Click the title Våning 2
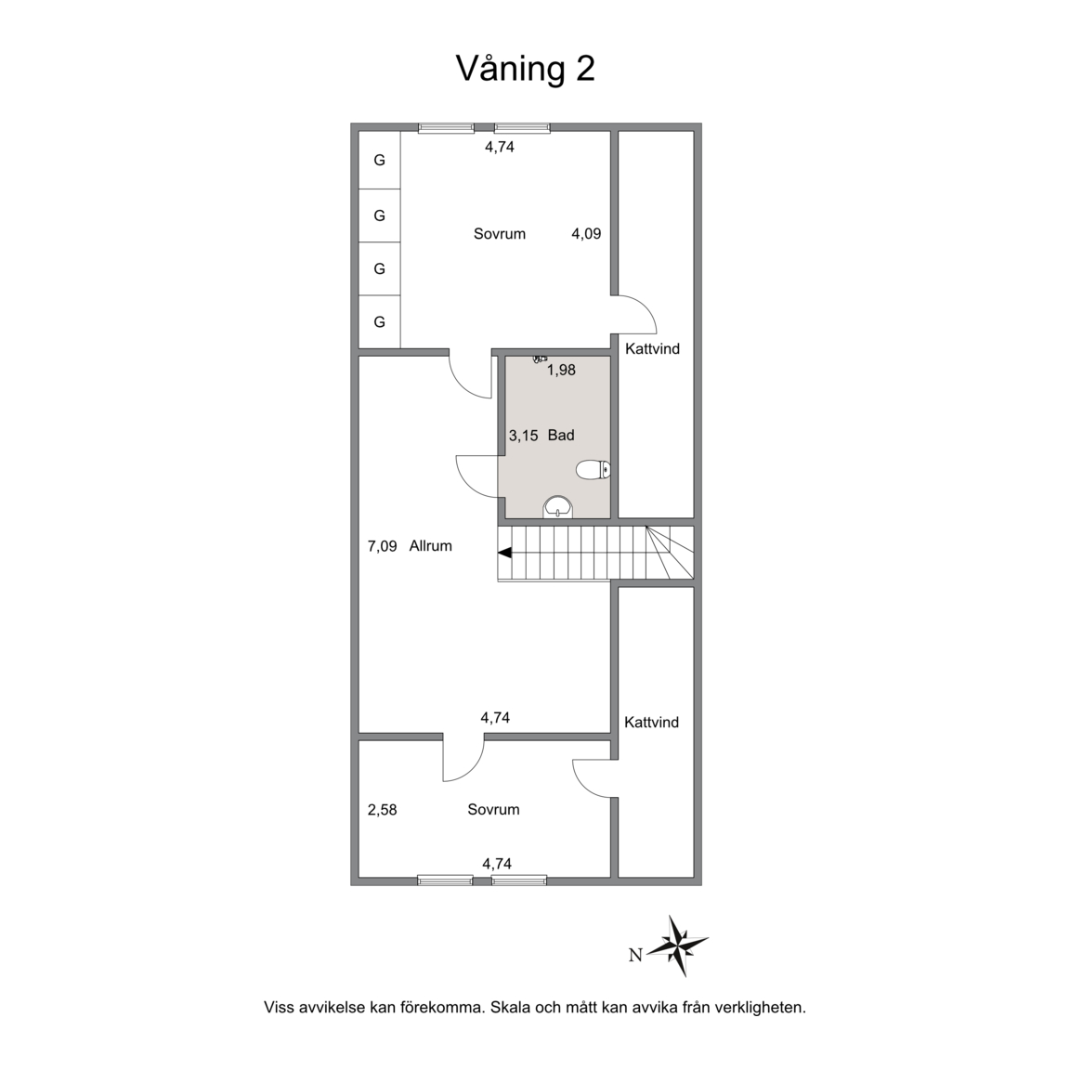click(525, 69)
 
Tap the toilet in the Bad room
click(593, 470)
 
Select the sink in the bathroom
click(558, 507)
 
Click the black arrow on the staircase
click(505, 554)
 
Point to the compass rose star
click(678, 946)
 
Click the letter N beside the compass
click(635, 956)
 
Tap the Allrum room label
click(431, 546)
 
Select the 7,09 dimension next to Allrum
click(382, 546)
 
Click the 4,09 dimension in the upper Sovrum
click(586, 234)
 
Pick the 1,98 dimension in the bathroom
click(562, 370)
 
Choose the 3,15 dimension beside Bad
click(524, 436)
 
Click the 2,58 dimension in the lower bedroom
click(382, 810)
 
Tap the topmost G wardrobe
click(379, 161)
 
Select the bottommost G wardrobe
click(379, 321)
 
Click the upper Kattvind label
click(652, 348)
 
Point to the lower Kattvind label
click(652, 722)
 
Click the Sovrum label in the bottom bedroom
click(493, 809)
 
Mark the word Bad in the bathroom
click(561, 436)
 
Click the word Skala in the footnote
click(511, 1007)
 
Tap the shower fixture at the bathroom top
click(540, 359)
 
